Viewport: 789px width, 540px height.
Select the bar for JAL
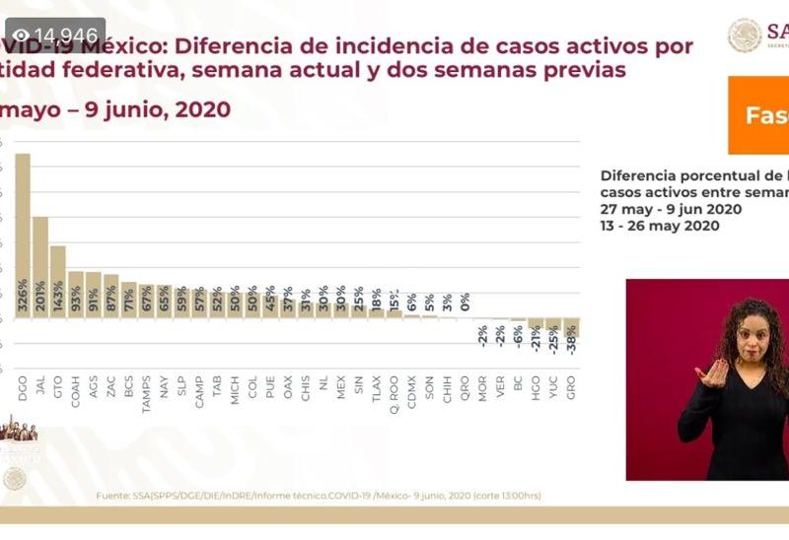pyautogui.click(x=39, y=266)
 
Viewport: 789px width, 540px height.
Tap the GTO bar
pyautogui.click(x=57, y=281)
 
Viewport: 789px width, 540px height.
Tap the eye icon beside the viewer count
pyautogui.click(x=21, y=36)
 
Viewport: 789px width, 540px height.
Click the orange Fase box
pyautogui.click(x=759, y=115)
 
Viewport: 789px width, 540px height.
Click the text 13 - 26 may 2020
pyautogui.click(x=660, y=226)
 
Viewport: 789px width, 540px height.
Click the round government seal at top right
pyautogui.click(x=745, y=35)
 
